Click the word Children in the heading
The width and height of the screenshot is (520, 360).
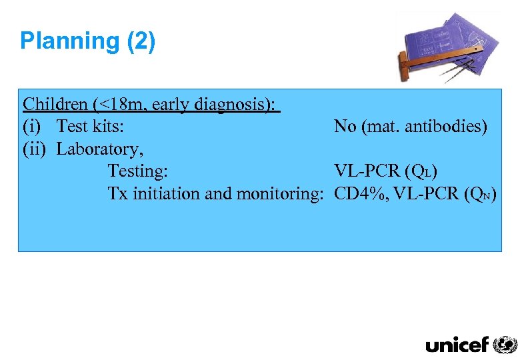(x=55, y=104)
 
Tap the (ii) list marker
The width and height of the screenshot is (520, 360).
(x=34, y=148)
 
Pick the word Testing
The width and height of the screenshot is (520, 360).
(x=137, y=171)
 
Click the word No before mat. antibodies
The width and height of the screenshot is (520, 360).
(x=345, y=126)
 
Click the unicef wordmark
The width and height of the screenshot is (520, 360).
(x=457, y=345)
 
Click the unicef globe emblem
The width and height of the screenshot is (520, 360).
(x=505, y=344)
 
